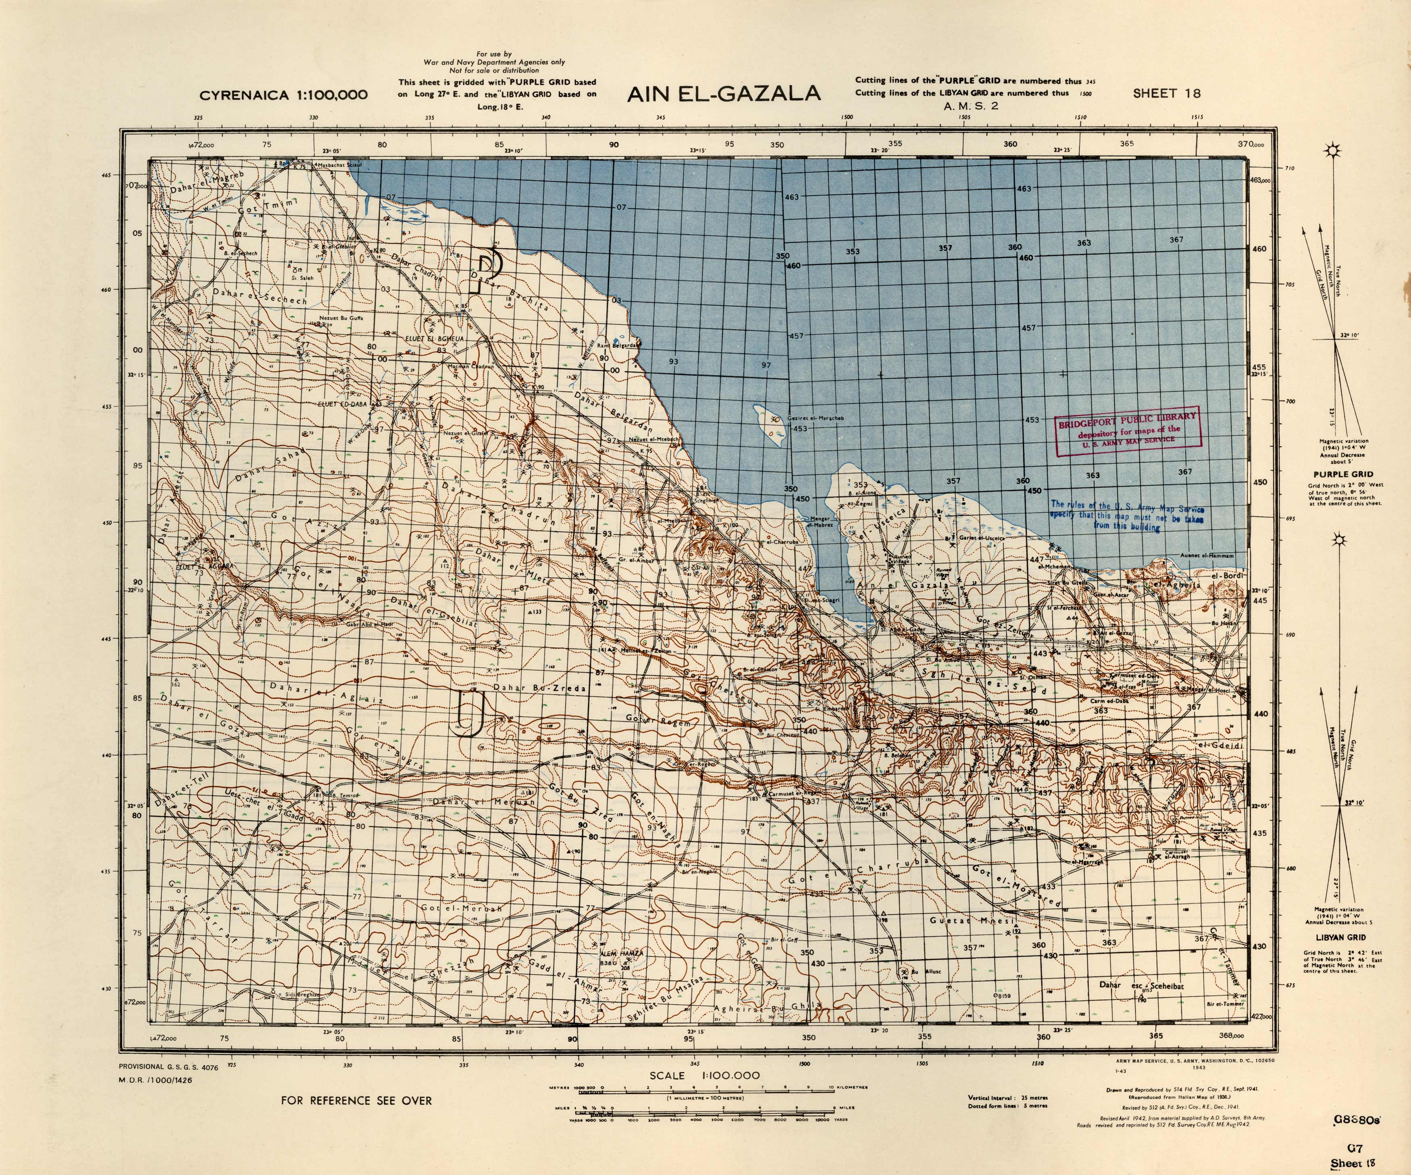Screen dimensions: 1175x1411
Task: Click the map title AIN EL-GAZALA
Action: pyautogui.click(x=724, y=94)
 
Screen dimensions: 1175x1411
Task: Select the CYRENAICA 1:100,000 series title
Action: pyautogui.click(x=283, y=95)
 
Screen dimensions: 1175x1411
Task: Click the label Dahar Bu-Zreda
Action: pyautogui.click(x=539, y=688)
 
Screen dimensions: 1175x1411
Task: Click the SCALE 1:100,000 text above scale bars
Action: pyautogui.click(x=704, y=1075)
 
